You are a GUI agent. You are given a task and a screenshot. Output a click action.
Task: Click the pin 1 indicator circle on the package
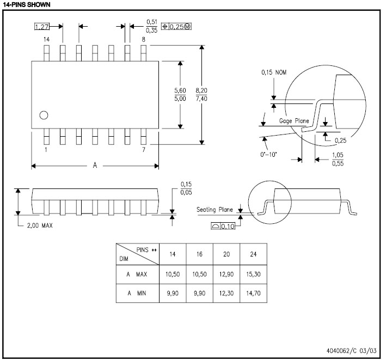tap(44, 115)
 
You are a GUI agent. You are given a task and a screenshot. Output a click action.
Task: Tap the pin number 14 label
tap(46, 40)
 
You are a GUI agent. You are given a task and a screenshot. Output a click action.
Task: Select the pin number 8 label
tap(143, 40)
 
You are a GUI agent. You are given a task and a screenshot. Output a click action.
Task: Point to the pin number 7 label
tap(143, 149)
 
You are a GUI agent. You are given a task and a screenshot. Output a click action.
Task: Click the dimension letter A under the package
tap(95, 166)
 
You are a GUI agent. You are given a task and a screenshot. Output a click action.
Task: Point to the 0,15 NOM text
tap(274, 72)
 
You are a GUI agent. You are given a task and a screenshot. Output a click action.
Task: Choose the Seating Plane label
tap(215, 209)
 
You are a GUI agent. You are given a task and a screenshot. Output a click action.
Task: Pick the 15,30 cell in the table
tap(253, 274)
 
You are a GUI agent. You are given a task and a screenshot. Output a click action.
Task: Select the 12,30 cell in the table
tap(226, 294)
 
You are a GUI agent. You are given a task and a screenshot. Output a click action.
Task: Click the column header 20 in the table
tap(226, 255)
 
